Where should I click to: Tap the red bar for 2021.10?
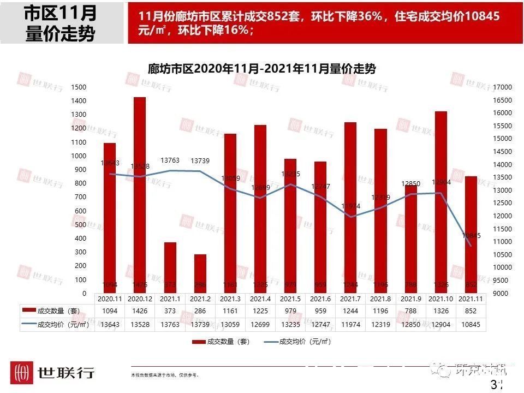[x=441, y=202]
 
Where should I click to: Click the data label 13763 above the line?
[x=170, y=160]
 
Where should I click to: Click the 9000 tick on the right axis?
[x=501, y=294]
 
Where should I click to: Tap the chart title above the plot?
[x=262, y=69]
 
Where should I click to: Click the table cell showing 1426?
[x=140, y=311]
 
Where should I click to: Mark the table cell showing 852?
[x=471, y=311]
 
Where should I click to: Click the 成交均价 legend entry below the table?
[x=297, y=342]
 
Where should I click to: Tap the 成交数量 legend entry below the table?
[x=221, y=342]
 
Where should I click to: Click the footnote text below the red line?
[x=165, y=375]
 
